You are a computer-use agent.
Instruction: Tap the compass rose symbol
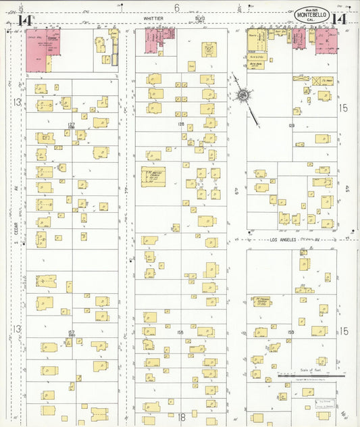(x=241, y=96)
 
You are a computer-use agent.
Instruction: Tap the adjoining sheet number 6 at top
(x=177, y=8)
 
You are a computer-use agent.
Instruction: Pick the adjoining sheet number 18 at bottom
(x=181, y=418)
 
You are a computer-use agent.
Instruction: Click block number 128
(x=181, y=124)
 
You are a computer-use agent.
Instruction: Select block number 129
(x=292, y=126)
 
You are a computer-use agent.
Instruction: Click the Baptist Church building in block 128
(x=153, y=176)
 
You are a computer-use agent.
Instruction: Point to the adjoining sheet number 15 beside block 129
(x=343, y=107)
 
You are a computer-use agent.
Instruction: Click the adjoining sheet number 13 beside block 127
(x=17, y=103)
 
